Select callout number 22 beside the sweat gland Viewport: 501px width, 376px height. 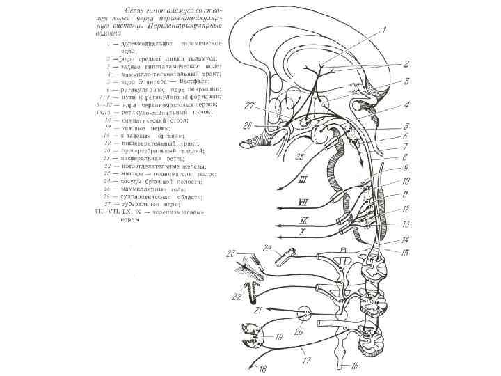coord(238,297)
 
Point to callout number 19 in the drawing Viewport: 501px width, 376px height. coord(278,338)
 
